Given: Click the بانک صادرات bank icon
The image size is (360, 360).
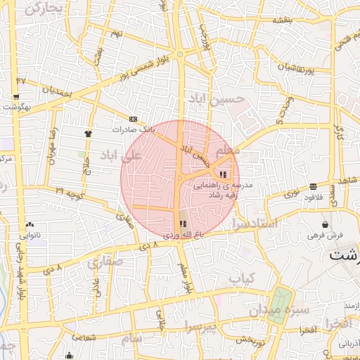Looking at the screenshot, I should [x=133, y=119].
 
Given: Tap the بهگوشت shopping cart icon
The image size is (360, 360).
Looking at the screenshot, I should [x=16, y=96].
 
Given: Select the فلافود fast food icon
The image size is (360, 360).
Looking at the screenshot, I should [x=312, y=187].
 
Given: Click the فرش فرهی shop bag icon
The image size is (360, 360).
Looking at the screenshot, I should [x=326, y=224].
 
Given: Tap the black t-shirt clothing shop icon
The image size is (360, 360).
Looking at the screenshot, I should [x=88, y=132].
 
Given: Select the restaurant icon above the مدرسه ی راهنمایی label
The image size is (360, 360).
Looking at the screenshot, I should [x=224, y=174].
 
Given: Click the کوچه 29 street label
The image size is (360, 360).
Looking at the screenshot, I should [x=70, y=191].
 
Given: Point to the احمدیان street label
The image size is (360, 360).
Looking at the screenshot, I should [x=57, y=90].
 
